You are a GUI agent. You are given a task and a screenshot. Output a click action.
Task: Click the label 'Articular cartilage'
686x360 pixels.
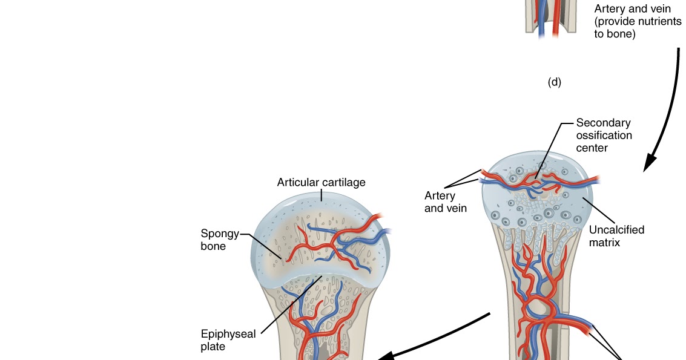(x=321, y=182)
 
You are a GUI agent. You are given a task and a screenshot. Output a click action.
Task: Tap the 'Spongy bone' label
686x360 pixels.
(x=220, y=240)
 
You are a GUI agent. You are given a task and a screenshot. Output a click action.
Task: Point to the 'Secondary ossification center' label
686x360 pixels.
(x=604, y=135)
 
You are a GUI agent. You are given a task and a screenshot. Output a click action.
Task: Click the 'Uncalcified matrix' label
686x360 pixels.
(x=616, y=236)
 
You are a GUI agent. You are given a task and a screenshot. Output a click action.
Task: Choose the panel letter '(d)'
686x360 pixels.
(x=554, y=83)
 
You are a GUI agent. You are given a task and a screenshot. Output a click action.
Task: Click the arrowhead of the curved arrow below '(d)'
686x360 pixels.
(x=650, y=162)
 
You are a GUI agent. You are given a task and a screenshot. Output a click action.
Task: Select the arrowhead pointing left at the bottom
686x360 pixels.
(x=384, y=356)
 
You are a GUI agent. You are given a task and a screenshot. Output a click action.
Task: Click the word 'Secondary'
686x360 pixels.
(x=603, y=123)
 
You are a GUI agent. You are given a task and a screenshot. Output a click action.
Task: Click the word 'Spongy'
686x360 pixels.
(x=220, y=234)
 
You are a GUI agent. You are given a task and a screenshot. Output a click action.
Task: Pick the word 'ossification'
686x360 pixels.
(x=604, y=135)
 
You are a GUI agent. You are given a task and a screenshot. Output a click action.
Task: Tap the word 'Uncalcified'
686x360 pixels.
(x=616, y=230)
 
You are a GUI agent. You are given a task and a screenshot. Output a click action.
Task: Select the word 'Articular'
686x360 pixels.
(x=296, y=182)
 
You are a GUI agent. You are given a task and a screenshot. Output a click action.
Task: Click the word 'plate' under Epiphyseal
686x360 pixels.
(x=213, y=347)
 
